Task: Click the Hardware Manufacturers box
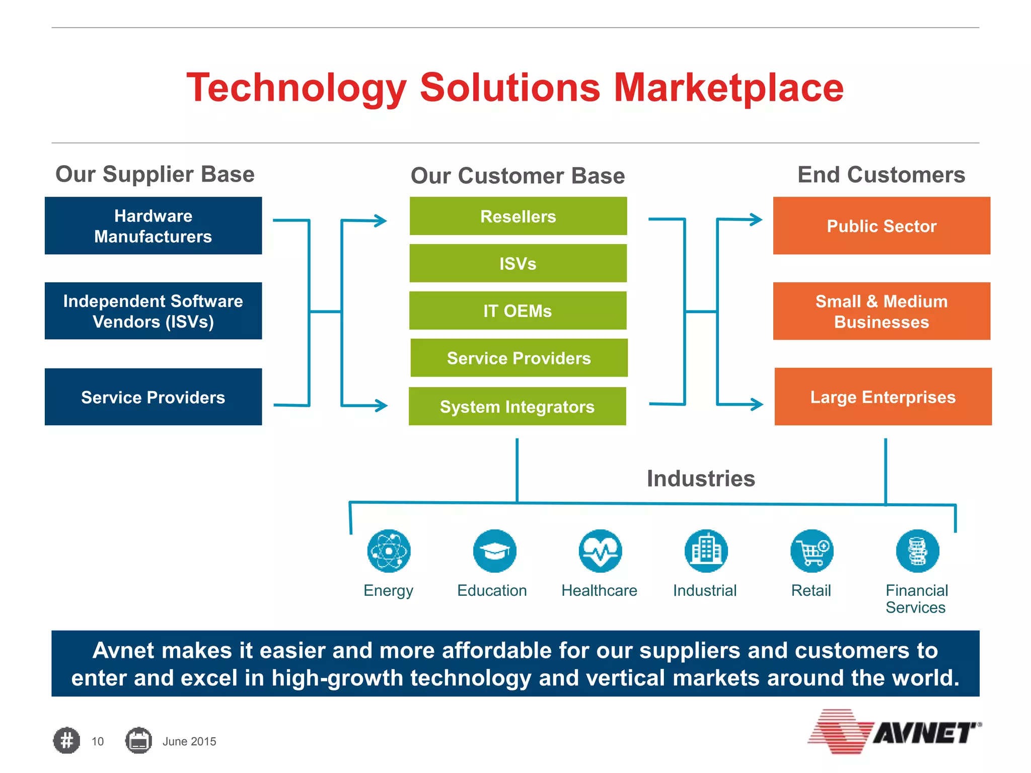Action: tap(153, 225)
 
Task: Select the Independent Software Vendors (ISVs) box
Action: tap(153, 311)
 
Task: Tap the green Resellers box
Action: tap(518, 216)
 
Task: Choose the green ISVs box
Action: tap(518, 263)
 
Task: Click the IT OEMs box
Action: tap(518, 311)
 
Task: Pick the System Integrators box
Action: tap(517, 406)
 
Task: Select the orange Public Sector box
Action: tap(881, 225)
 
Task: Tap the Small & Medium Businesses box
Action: tap(881, 311)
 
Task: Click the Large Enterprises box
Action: tap(882, 397)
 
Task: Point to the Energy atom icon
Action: tap(389, 551)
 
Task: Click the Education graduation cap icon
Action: tap(494, 551)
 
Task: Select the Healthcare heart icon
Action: tap(600, 551)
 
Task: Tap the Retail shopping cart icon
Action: tap(812, 551)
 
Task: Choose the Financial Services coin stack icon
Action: tap(917, 551)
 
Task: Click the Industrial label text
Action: tap(704, 590)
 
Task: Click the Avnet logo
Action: tap(895, 732)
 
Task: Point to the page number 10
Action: tap(97, 741)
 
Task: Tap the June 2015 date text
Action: tap(189, 741)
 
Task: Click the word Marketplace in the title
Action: tap(728, 88)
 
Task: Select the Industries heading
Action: tap(700, 478)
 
